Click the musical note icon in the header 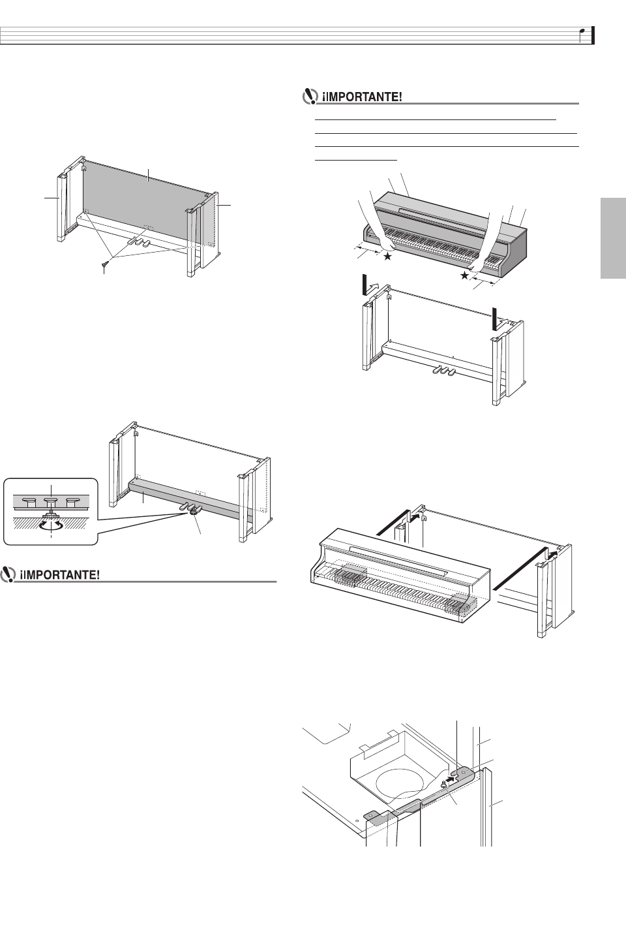point(585,34)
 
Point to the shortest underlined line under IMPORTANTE point(356,158)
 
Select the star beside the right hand point(465,276)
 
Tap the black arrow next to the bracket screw point(455,778)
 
